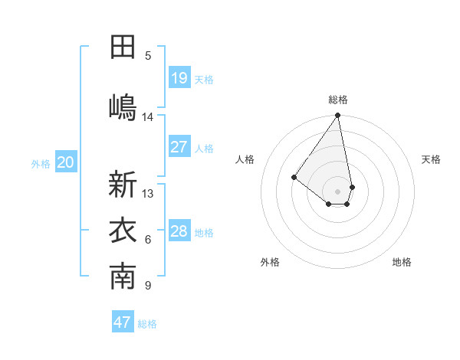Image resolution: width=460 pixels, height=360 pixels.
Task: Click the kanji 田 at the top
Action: coord(123,47)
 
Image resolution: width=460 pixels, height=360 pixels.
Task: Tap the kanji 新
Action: coord(123,185)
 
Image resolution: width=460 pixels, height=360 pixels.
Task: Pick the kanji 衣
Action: coord(123,231)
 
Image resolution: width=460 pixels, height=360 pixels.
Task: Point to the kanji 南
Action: coord(123,277)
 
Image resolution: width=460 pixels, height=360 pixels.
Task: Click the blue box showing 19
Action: coord(179,77)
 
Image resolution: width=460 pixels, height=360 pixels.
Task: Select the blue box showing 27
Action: coord(179,147)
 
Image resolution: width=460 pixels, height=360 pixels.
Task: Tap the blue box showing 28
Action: coord(179,231)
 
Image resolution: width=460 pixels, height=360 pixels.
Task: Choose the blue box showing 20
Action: coord(66,162)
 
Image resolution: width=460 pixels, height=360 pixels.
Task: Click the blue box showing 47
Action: coord(123,322)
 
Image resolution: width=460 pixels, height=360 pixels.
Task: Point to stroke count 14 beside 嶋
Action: coord(148,117)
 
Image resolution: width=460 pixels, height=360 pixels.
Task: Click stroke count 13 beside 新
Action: coord(148,194)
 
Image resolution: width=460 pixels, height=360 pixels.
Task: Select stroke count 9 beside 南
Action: coord(148,286)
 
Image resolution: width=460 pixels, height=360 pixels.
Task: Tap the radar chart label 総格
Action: coord(338,100)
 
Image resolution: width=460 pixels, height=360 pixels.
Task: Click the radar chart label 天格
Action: coord(431,159)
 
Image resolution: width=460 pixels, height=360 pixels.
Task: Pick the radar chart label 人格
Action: coord(245,159)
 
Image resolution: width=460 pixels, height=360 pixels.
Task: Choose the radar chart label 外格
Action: coord(270,262)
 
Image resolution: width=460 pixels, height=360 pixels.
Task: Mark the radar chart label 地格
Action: coord(402,262)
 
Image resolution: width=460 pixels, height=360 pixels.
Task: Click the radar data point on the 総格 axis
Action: coord(338,116)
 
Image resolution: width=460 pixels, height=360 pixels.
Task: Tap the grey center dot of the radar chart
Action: coord(338,191)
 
